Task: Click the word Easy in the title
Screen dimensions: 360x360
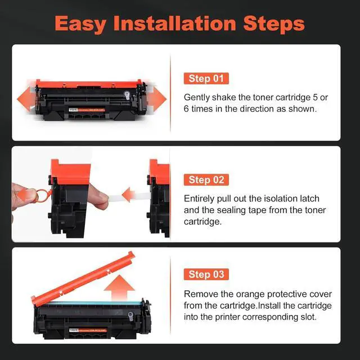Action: [x=80, y=24]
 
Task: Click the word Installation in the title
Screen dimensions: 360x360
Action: [x=175, y=23]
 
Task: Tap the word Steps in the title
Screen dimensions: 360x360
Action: [x=274, y=24]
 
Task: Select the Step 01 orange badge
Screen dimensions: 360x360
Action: [x=206, y=79]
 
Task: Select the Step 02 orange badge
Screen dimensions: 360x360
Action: [x=206, y=180]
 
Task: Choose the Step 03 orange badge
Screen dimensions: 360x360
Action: [x=206, y=274]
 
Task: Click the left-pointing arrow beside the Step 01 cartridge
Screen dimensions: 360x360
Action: [x=26, y=99]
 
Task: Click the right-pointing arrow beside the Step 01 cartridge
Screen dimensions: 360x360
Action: [x=157, y=99]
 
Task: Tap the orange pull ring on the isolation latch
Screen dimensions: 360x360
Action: [x=42, y=195]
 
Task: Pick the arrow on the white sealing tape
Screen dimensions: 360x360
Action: [x=129, y=195]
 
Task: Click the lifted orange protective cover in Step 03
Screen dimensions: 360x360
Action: [x=83, y=278]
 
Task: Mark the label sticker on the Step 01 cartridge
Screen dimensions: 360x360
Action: [x=87, y=110]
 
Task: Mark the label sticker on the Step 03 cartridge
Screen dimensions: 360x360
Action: [x=88, y=330]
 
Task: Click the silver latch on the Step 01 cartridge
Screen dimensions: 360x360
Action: [x=127, y=95]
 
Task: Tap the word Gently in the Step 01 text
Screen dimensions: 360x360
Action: [x=196, y=97]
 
